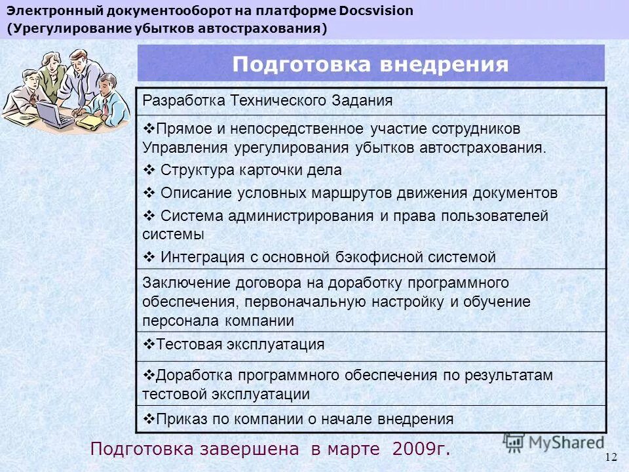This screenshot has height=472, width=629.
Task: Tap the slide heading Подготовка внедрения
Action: tap(370, 64)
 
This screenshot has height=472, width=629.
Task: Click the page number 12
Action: tap(611, 456)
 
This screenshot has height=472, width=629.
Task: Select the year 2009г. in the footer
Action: tap(422, 449)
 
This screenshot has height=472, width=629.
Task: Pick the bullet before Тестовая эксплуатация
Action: tap(147, 344)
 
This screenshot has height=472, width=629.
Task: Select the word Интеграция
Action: tap(200, 257)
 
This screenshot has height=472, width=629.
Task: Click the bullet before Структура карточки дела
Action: tap(147, 170)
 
